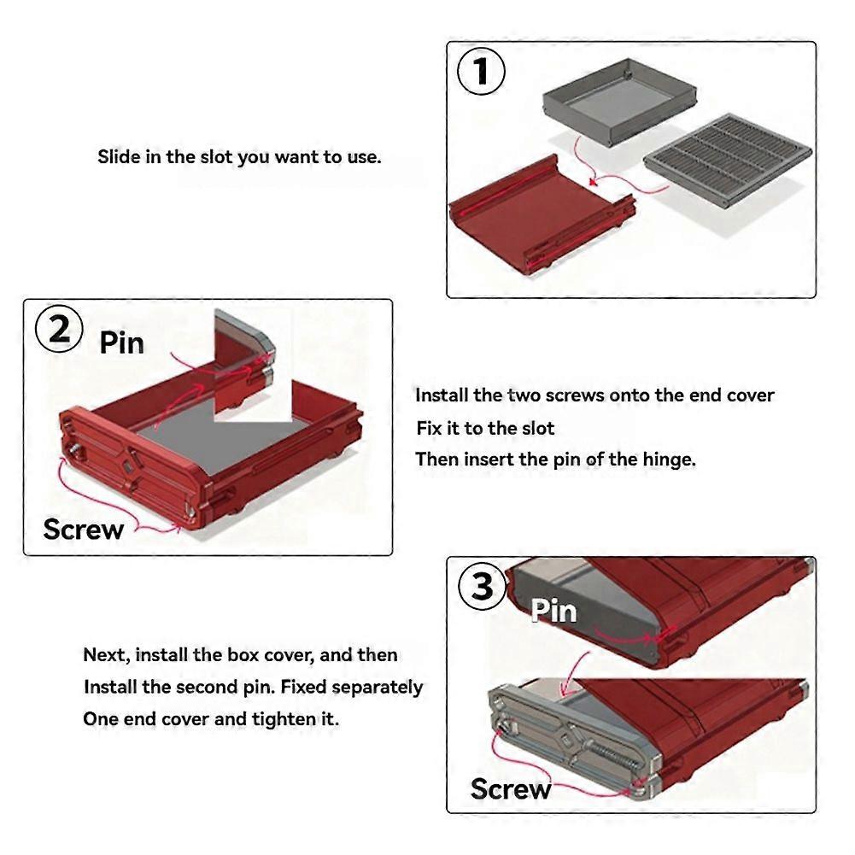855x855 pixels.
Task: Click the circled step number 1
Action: (482, 72)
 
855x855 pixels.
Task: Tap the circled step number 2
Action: (59, 330)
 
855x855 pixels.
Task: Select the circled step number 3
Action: (483, 588)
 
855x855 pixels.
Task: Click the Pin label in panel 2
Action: (122, 343)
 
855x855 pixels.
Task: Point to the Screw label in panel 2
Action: (84, 530)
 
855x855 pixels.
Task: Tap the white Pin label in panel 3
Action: (553, 611)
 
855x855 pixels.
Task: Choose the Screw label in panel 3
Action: (511, 788)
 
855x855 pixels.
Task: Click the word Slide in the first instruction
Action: (115, 157)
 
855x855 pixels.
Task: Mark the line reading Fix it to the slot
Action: (485, 428)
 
